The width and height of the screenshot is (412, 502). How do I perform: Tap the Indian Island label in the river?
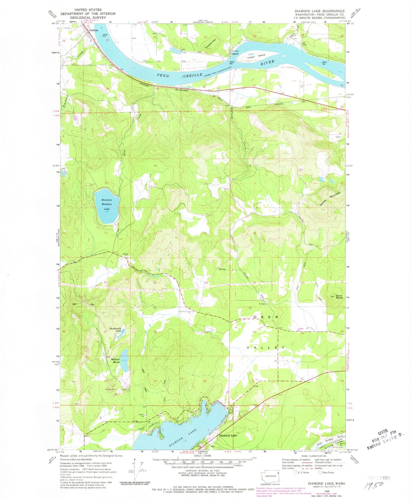(256, 56)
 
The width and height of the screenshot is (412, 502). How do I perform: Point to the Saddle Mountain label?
(330, 199)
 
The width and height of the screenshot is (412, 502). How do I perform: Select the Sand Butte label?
(339, 297)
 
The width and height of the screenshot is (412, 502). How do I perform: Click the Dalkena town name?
(94, 30)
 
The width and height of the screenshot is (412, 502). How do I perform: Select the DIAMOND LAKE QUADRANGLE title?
(320, 11)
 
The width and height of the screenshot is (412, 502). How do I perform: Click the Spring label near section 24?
(222, 269)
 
